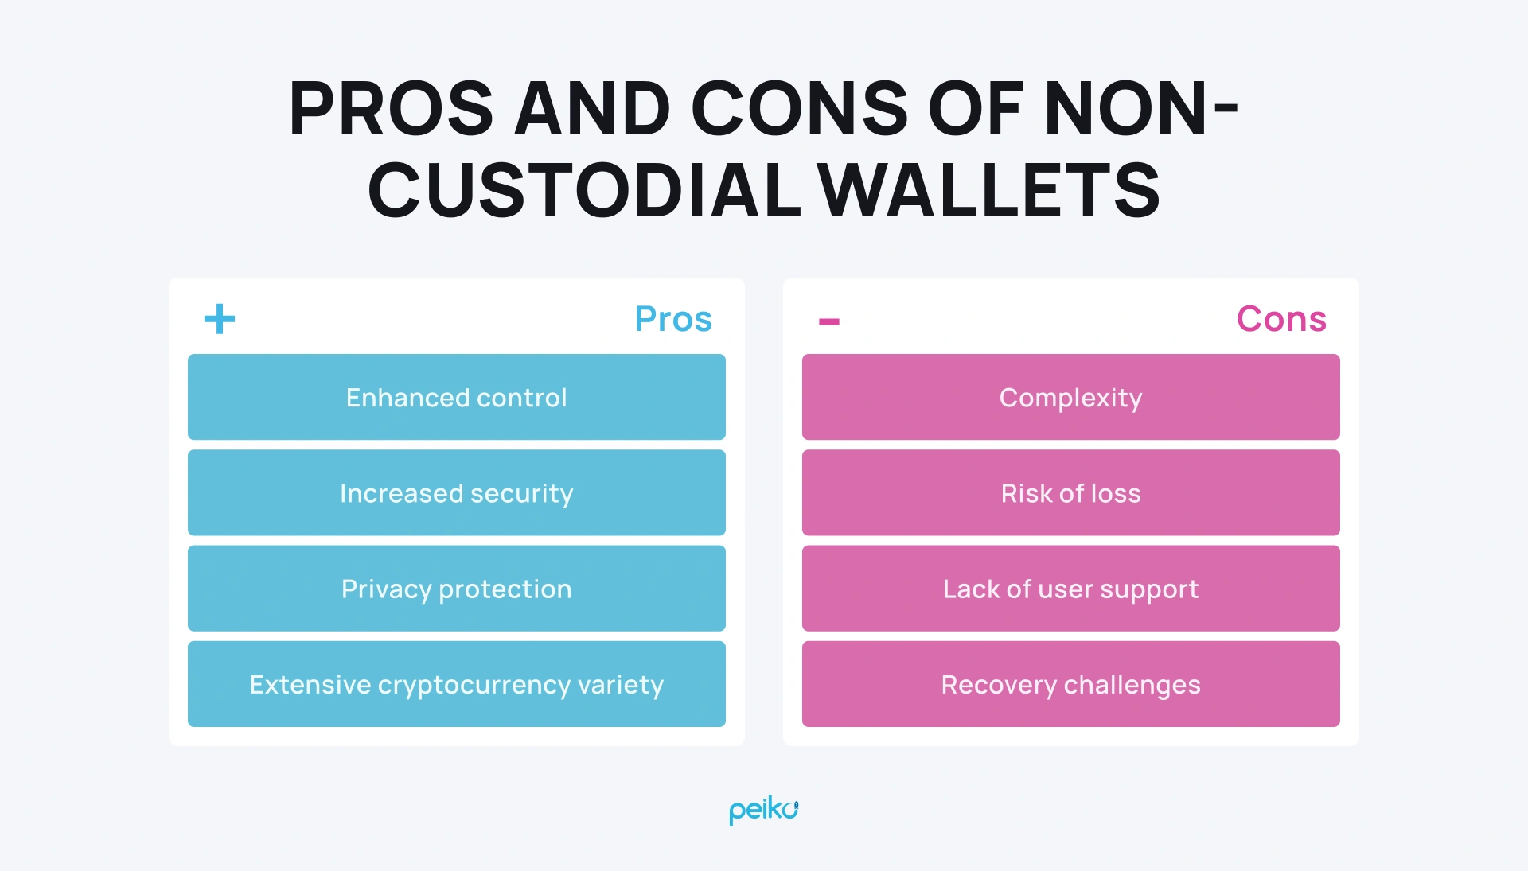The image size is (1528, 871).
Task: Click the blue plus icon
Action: click(220, 319)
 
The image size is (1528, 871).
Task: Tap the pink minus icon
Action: click(829, 321)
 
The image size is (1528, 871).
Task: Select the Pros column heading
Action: click(673, 319)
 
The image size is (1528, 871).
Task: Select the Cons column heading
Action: click(1281, 319)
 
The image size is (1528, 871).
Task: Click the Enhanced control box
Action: click(456, 397)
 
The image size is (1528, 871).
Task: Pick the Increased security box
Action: click(456, 493)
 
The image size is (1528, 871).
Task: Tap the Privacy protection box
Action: click(456, 589)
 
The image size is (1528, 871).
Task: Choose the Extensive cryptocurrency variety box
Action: click(456, 684)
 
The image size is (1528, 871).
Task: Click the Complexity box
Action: click(1070, 397)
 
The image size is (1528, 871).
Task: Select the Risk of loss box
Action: click(1070, 493)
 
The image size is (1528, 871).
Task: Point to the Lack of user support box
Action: click(1070, 589)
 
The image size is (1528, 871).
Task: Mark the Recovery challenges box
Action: click(1070, 684)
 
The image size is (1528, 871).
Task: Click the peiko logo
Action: click(763, 810)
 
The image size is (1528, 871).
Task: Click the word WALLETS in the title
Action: click(990, 191)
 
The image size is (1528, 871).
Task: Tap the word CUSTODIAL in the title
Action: click(584, 191)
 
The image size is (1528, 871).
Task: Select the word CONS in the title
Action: click(799, 109)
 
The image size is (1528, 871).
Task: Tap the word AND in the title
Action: click(593, 109)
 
